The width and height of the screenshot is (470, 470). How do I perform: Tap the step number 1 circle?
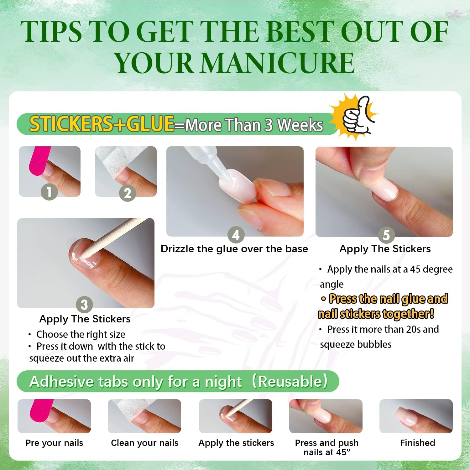(49, 191)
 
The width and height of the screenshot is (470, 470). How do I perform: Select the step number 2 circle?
(127, 193)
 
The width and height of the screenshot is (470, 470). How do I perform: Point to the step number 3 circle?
(84, 305)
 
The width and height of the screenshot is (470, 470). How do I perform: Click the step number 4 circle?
(236, 235)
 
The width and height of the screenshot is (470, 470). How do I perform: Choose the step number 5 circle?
(386, 235)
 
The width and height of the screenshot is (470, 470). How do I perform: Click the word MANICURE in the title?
(277, 63)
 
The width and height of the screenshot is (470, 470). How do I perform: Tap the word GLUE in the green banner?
(150, 123)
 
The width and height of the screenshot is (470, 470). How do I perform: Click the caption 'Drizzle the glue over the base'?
(234, 249)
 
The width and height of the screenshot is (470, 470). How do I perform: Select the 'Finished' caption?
(417, 443)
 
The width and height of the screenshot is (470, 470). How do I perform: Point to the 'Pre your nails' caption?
(54, 443)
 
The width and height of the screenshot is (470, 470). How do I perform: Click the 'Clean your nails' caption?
(144, 443)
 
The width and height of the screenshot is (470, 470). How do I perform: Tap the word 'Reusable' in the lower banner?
(290, 381)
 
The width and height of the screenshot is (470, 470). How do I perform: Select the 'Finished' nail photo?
(416, 416)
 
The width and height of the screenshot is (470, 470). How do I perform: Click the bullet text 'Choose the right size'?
(81, 334)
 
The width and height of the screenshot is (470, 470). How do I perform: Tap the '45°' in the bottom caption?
(342, 452)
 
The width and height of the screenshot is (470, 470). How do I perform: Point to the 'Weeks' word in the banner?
(300, 125)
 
